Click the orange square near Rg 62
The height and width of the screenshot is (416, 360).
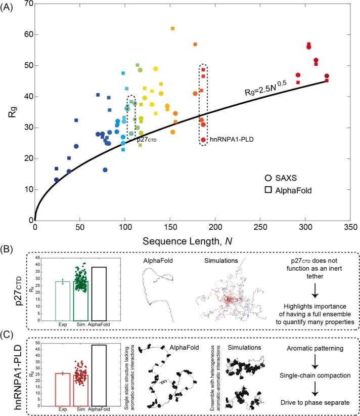click(x=173, y=28)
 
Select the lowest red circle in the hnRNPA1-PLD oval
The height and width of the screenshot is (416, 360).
click(x=203, y=140)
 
